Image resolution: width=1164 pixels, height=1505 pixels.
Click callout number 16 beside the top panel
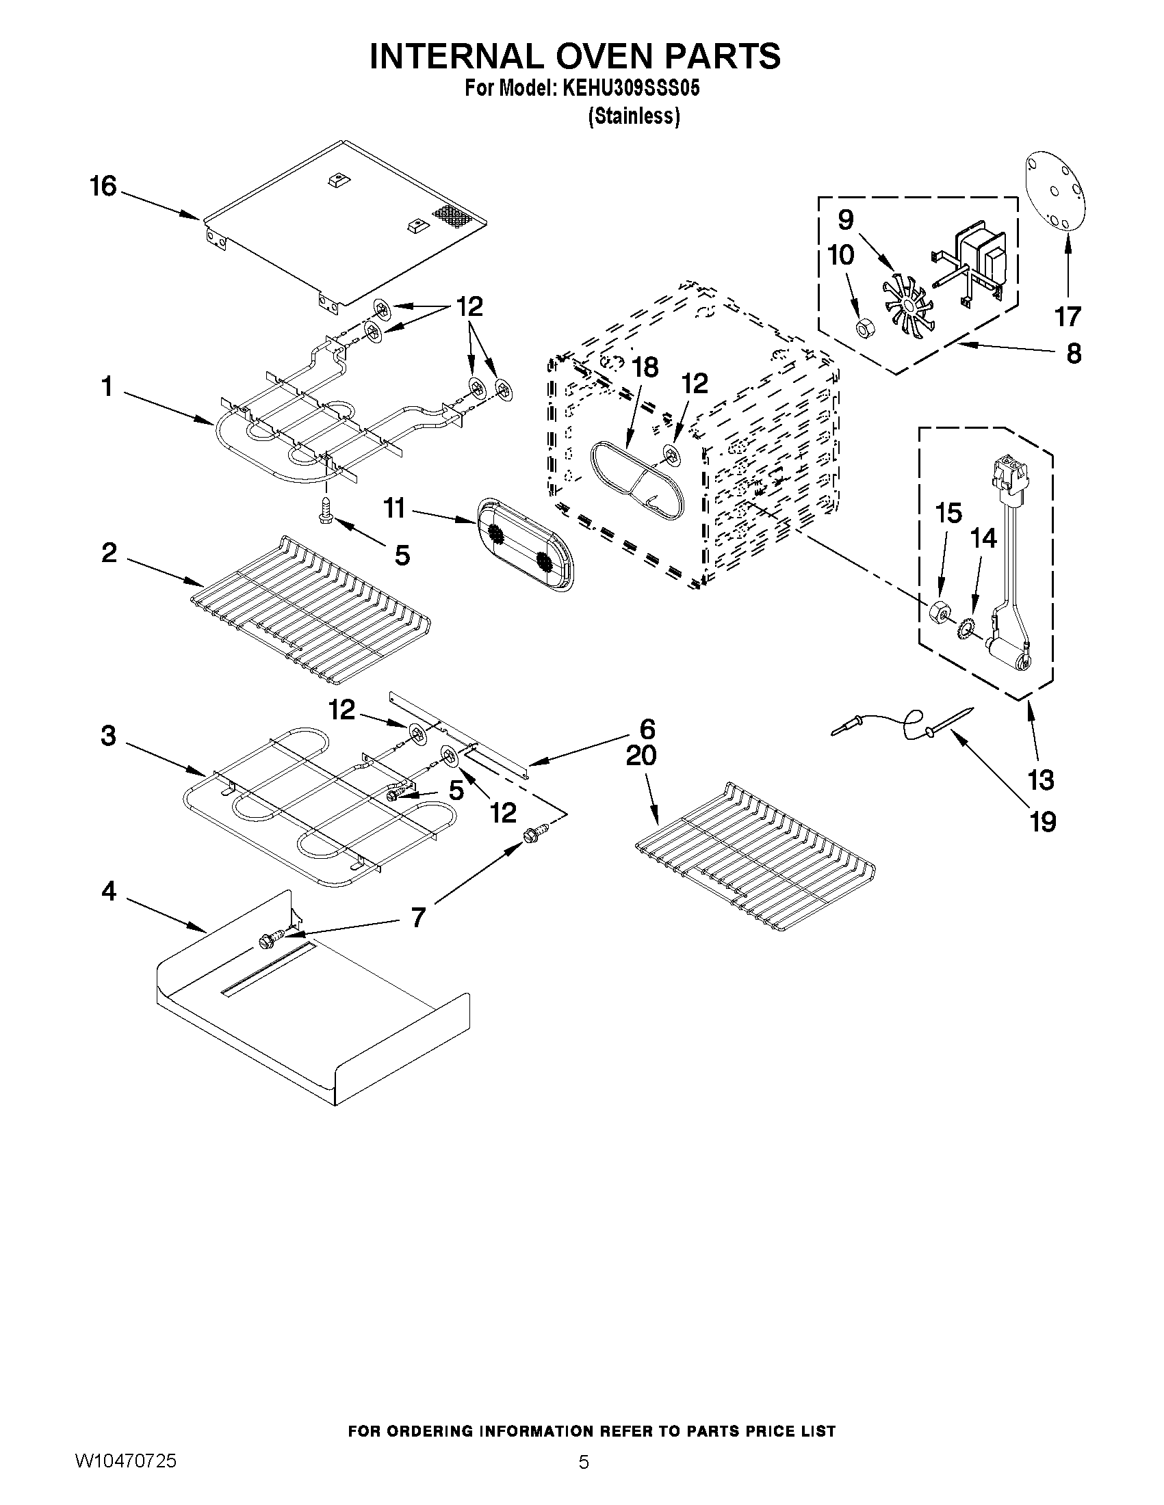coord(103,187)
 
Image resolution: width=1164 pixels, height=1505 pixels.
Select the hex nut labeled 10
coord(863,330)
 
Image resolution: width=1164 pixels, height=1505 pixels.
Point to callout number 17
coord(1068,317)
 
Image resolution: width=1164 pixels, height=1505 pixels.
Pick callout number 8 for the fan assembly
coord(1074,354)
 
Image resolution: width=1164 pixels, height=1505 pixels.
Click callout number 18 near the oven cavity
coord(645,367)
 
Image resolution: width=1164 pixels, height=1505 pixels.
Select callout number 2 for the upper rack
coord(109,552)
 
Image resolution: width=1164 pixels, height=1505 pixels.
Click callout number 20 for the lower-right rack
coord(641,756)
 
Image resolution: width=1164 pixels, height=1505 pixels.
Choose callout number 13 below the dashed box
coord(1041,780)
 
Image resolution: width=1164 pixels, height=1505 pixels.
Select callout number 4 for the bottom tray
coord(109,892)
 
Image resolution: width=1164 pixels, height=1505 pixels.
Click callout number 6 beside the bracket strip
coord(647,729)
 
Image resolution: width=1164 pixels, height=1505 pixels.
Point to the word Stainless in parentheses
coord(634,116)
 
